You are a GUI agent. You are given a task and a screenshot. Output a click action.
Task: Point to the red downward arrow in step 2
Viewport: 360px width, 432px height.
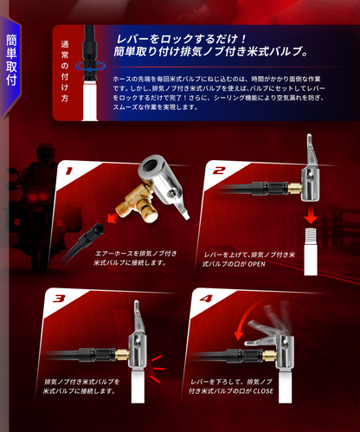[310, 212]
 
